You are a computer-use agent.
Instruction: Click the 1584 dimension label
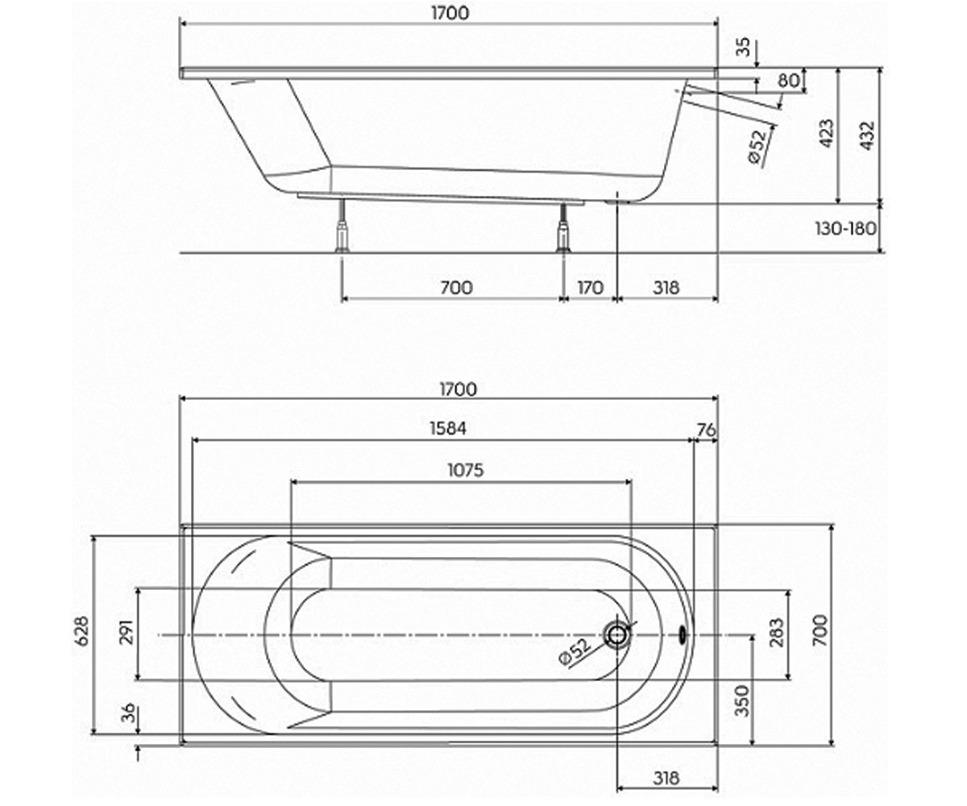click(x=448, y=429)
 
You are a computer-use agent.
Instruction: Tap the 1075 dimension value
click(x=466, y=471)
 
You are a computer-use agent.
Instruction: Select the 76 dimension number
click(x=706, y=430)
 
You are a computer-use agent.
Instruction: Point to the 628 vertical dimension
click(x=82, y=630)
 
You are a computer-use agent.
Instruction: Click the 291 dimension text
click(x=127, y=632)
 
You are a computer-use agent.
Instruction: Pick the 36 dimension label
click(x=128, y=713)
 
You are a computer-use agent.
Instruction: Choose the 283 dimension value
click(x=776, y=632)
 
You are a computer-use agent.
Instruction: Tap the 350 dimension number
click(x=741, y=701)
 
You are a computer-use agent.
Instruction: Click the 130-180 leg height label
click(x=845, y=228)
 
